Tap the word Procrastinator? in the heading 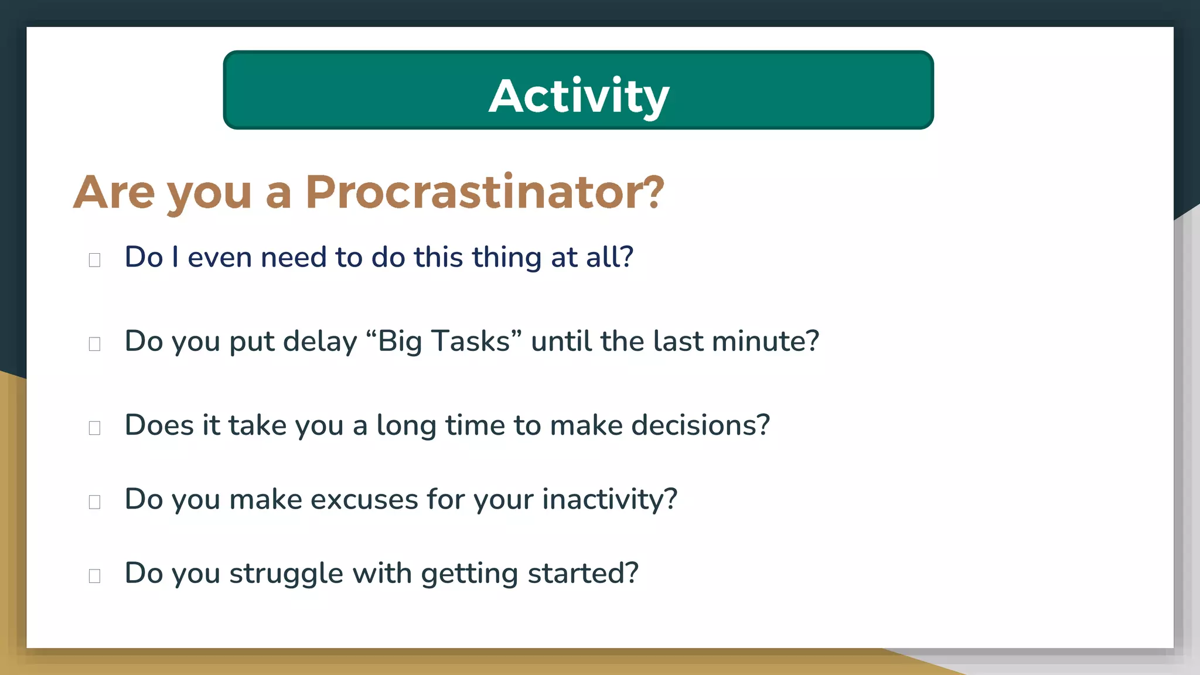pyautogui.click(x=485, y=192)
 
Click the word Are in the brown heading pyautogui.click(x=115, y=192)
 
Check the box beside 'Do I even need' pyautogui.click(x=94, y=260)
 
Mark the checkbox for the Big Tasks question pyautogui.click(x=94, y=344)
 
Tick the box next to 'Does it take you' pyautogui.click(x=94, y=428)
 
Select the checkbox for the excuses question pyautogui.click(x=94, y=502)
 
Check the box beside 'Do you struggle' pyautogui.click(x=94, y=576)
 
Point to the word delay pyautogui.click(x=320, y=342)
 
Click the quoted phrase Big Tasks pyautogui.click(x=444, y=342)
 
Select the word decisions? pyautogui.click(x=700, y=425)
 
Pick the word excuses pyautogui.click(x=364, y=500)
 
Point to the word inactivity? pyautogui.click(x=609, y=500)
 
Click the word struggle pyautogui.click(x=286, y=574)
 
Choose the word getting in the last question pyautogui.click(x=469, y=574)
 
